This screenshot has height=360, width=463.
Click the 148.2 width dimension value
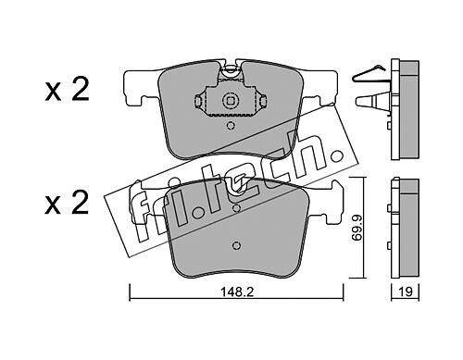pyautogui.click(x=237, y=292)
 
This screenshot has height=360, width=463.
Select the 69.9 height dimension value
pyautogui.click(x=357, y=228)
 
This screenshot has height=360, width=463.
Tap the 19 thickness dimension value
pyautogui.click(x=406, y=292)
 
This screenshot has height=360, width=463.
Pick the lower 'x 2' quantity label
pyautogui.click(x=67, y=202)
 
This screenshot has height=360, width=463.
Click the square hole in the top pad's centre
pyautogui.click(x=230, y=101)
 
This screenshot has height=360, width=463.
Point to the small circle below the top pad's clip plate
pyautogui.click(x=230, y=126)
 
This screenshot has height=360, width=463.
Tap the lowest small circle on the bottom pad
pyautogui.click(x=236, y=245)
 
